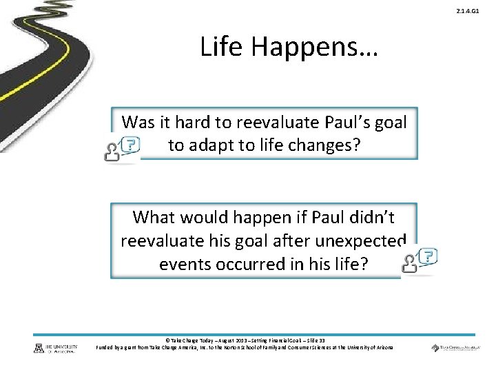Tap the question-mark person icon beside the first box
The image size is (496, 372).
pos(121,147)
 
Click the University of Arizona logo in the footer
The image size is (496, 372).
pos(55,348)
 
